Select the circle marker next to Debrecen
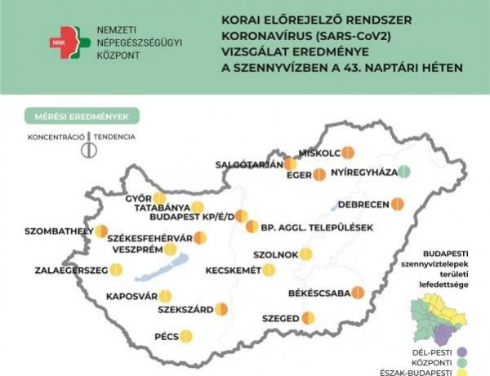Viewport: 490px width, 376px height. pyautogui.click(x=399, y=204)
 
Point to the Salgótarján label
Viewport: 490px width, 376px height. pyautogui.click(x=249, y=163)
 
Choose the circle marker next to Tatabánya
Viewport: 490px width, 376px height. pyautogui.click(x=197, y=208)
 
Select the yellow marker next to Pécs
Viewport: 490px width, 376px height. pyautogui.click(x=186, y=335)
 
